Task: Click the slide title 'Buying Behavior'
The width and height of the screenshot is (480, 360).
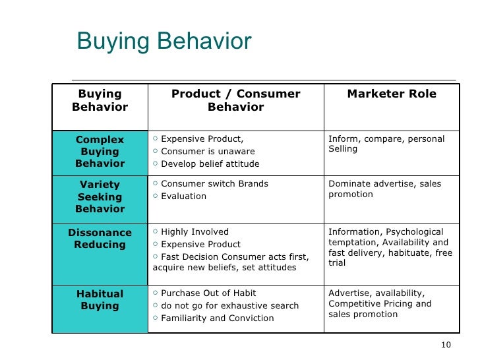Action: click(164, 42)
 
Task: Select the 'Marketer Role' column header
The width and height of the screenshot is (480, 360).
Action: click(392, 94)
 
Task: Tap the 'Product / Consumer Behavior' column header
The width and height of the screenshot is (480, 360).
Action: click(235, 101)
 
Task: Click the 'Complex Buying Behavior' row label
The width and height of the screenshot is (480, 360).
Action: click(100, 152)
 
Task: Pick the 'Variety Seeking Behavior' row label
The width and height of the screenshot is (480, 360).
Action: click(100, 196)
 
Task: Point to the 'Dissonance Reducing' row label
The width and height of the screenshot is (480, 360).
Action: click(100, 239)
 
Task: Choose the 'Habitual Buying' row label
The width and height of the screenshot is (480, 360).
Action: click(100, 300)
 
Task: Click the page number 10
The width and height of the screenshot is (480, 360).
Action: click(445, 345)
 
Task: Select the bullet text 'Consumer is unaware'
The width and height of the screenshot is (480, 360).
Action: click(208, 152)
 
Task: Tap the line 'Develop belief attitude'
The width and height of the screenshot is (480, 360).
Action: click(210, 164)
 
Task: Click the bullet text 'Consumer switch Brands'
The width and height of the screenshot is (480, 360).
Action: click(214, 184)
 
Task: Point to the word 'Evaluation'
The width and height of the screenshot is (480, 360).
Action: click(183, 196)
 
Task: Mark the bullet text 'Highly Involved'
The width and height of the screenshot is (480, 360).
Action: click(195, 232)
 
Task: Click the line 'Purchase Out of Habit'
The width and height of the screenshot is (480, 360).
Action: click(208, 293)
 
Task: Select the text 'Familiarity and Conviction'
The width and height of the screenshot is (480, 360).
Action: click(217, 318)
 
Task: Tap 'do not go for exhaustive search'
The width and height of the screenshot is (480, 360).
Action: click(229, 306)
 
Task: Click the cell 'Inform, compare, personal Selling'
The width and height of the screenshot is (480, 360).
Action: click(386, 144)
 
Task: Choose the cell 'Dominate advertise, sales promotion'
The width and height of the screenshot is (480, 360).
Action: click(384, 189)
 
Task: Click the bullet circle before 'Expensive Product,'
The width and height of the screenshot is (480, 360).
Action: click(155, 139)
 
